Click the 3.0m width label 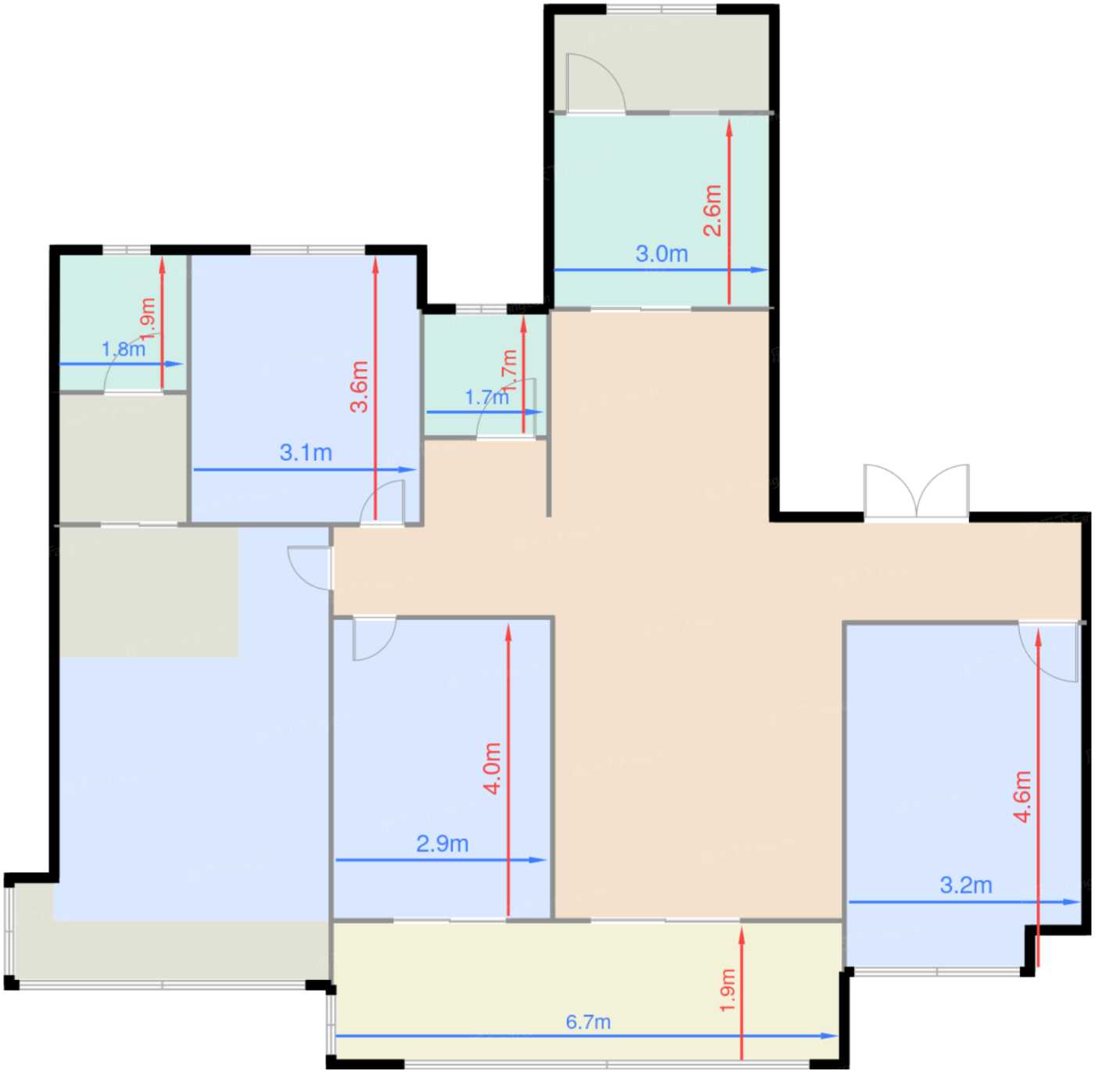tap(662, 253)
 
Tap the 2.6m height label tap(713, 210)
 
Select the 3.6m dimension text tap(360, 386)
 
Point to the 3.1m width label tap(306, 452)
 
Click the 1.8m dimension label tap(124, 349)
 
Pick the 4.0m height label tap(492, 768)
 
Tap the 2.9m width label tap(442, 843)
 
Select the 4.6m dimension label tap(1022, 797)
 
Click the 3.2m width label tap(966, 885)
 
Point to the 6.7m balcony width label tap(588, 1022)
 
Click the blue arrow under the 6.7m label tap(587, 1036)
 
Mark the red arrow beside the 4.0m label tap(508, 770)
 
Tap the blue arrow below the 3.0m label tap(661, 270)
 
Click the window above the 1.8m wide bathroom tap(126, 250)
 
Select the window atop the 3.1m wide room tap(307, 250)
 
